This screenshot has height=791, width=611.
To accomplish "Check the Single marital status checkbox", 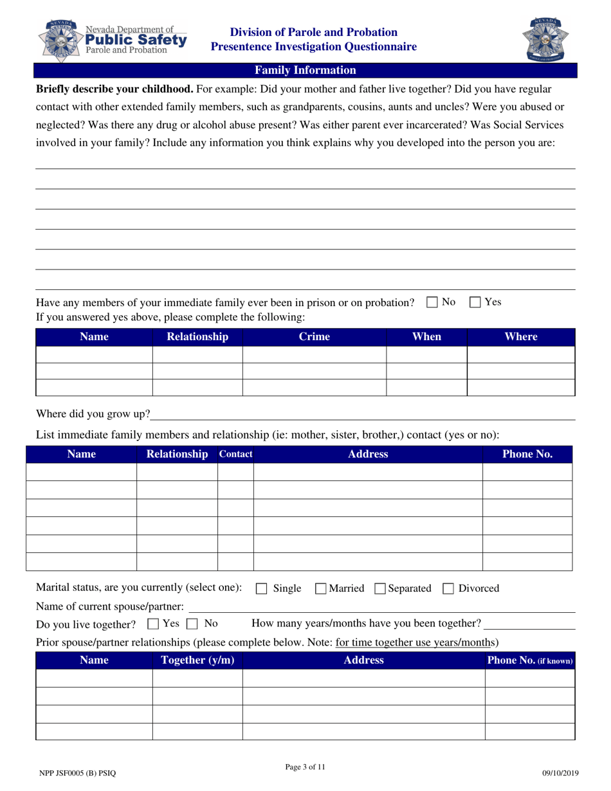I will (262, 588).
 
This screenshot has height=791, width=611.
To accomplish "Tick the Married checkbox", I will (320, 588).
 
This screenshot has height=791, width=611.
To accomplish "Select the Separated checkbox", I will (379, 588).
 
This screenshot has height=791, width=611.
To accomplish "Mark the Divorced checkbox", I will (449, 588).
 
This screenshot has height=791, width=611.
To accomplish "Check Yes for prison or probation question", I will (475, 302).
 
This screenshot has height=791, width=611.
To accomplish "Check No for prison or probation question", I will (432, 302).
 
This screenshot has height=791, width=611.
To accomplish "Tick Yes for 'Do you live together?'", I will (153, 624).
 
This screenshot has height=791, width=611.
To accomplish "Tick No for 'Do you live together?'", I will (192, 624).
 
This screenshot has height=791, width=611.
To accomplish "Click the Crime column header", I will (314, 337).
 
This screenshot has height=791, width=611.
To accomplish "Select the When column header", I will (426, 337).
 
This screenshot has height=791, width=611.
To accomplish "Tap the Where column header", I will (520, 337).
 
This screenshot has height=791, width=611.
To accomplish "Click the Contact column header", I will (235, 454).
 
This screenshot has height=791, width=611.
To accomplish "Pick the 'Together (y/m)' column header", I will (197, 660).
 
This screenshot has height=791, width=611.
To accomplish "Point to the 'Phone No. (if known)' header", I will (530, 660).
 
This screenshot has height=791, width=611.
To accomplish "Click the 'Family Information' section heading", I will (305, 71).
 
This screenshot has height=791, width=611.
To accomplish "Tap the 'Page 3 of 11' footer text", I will (305, 767).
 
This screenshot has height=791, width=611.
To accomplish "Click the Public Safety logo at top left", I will (113, 40).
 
